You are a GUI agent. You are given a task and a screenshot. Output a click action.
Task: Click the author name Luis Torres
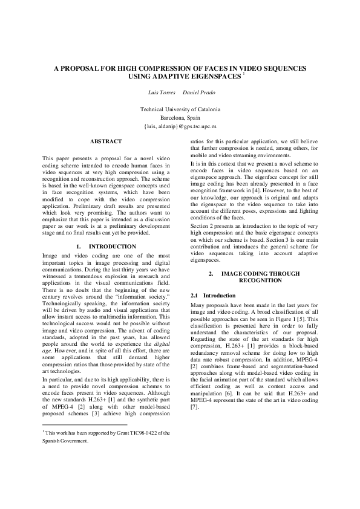(x=162, y=92)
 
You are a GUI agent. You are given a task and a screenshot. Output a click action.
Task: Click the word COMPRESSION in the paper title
(x=155, y=69)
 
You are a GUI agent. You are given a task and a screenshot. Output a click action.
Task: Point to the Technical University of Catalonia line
(x=180, y=109)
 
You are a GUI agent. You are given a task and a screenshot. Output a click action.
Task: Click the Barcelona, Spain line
(x=180, y=118)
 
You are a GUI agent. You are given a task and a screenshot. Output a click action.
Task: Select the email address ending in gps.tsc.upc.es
(x=180, y=128)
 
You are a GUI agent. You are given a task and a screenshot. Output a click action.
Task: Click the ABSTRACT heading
(x=106, y=141)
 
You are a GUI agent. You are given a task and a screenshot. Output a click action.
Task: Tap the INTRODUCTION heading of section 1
(x=112, y=247)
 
